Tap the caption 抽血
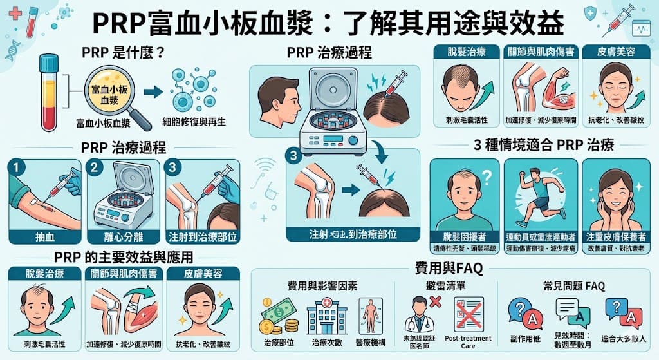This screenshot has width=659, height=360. [x=43, y=236]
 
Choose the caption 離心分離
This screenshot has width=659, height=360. [x=122, y=236]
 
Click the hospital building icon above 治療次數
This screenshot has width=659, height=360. [x=327, y=315]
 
